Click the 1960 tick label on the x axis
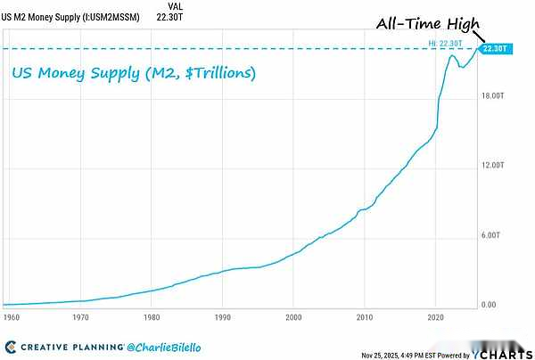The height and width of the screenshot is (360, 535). tap(11, 316)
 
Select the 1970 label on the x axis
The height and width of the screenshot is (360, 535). tap(80, 316)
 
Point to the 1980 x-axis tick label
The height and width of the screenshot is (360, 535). tap(151, 316)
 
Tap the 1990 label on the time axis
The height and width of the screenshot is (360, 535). tap(222, 316)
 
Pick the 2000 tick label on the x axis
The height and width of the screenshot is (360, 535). tap(293, 316)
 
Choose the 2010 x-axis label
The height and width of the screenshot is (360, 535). tap(365, 316)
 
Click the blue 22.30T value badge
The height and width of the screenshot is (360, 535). tap(493, 49)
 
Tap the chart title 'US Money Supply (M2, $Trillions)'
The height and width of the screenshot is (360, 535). tap(134, 72)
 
